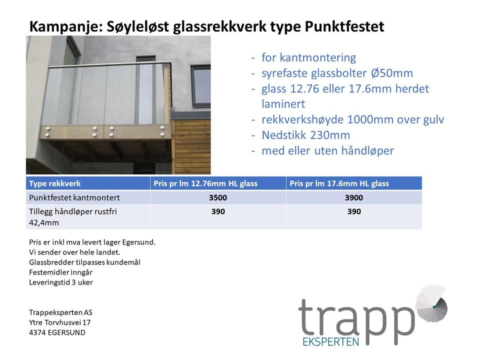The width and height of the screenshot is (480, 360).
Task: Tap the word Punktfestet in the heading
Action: (x=344, y=26)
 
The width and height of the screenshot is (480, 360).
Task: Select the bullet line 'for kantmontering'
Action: (x=308, y=57)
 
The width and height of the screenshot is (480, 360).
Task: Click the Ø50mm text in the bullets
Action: (x=392, y=73)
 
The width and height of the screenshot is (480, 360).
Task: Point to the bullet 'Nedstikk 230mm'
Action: (x=306, y=135)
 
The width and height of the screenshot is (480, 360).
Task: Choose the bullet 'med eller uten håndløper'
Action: (x=327, y=150)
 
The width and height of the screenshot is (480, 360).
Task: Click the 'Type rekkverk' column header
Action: (x=55, y=183)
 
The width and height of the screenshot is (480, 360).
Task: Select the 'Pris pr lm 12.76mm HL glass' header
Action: (x=205, y=183)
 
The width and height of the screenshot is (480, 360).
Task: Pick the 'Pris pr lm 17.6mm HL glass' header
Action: (x=339, y=183)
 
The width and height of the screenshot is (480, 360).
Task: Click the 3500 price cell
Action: (x=218, y=197)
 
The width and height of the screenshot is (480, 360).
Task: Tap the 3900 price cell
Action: (x=354, y=197)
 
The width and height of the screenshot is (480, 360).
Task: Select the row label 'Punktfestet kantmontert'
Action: (x=74, y=197)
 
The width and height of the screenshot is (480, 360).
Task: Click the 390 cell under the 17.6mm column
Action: (x=354, y=211)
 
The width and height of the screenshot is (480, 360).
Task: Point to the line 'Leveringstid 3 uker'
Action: (x=61, y=282)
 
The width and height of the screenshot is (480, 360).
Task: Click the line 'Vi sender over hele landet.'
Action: (x=74, y=252)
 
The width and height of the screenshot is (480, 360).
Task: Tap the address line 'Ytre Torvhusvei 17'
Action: (x=59, y=322)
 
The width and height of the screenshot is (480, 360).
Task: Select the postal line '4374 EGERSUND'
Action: (x=57, y=332)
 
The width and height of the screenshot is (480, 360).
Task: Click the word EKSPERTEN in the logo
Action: (x=330, y=341)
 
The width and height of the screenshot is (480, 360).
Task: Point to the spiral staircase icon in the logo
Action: (x=431, y=303)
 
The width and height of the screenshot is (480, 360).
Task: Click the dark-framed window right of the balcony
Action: (x=201, y=85)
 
